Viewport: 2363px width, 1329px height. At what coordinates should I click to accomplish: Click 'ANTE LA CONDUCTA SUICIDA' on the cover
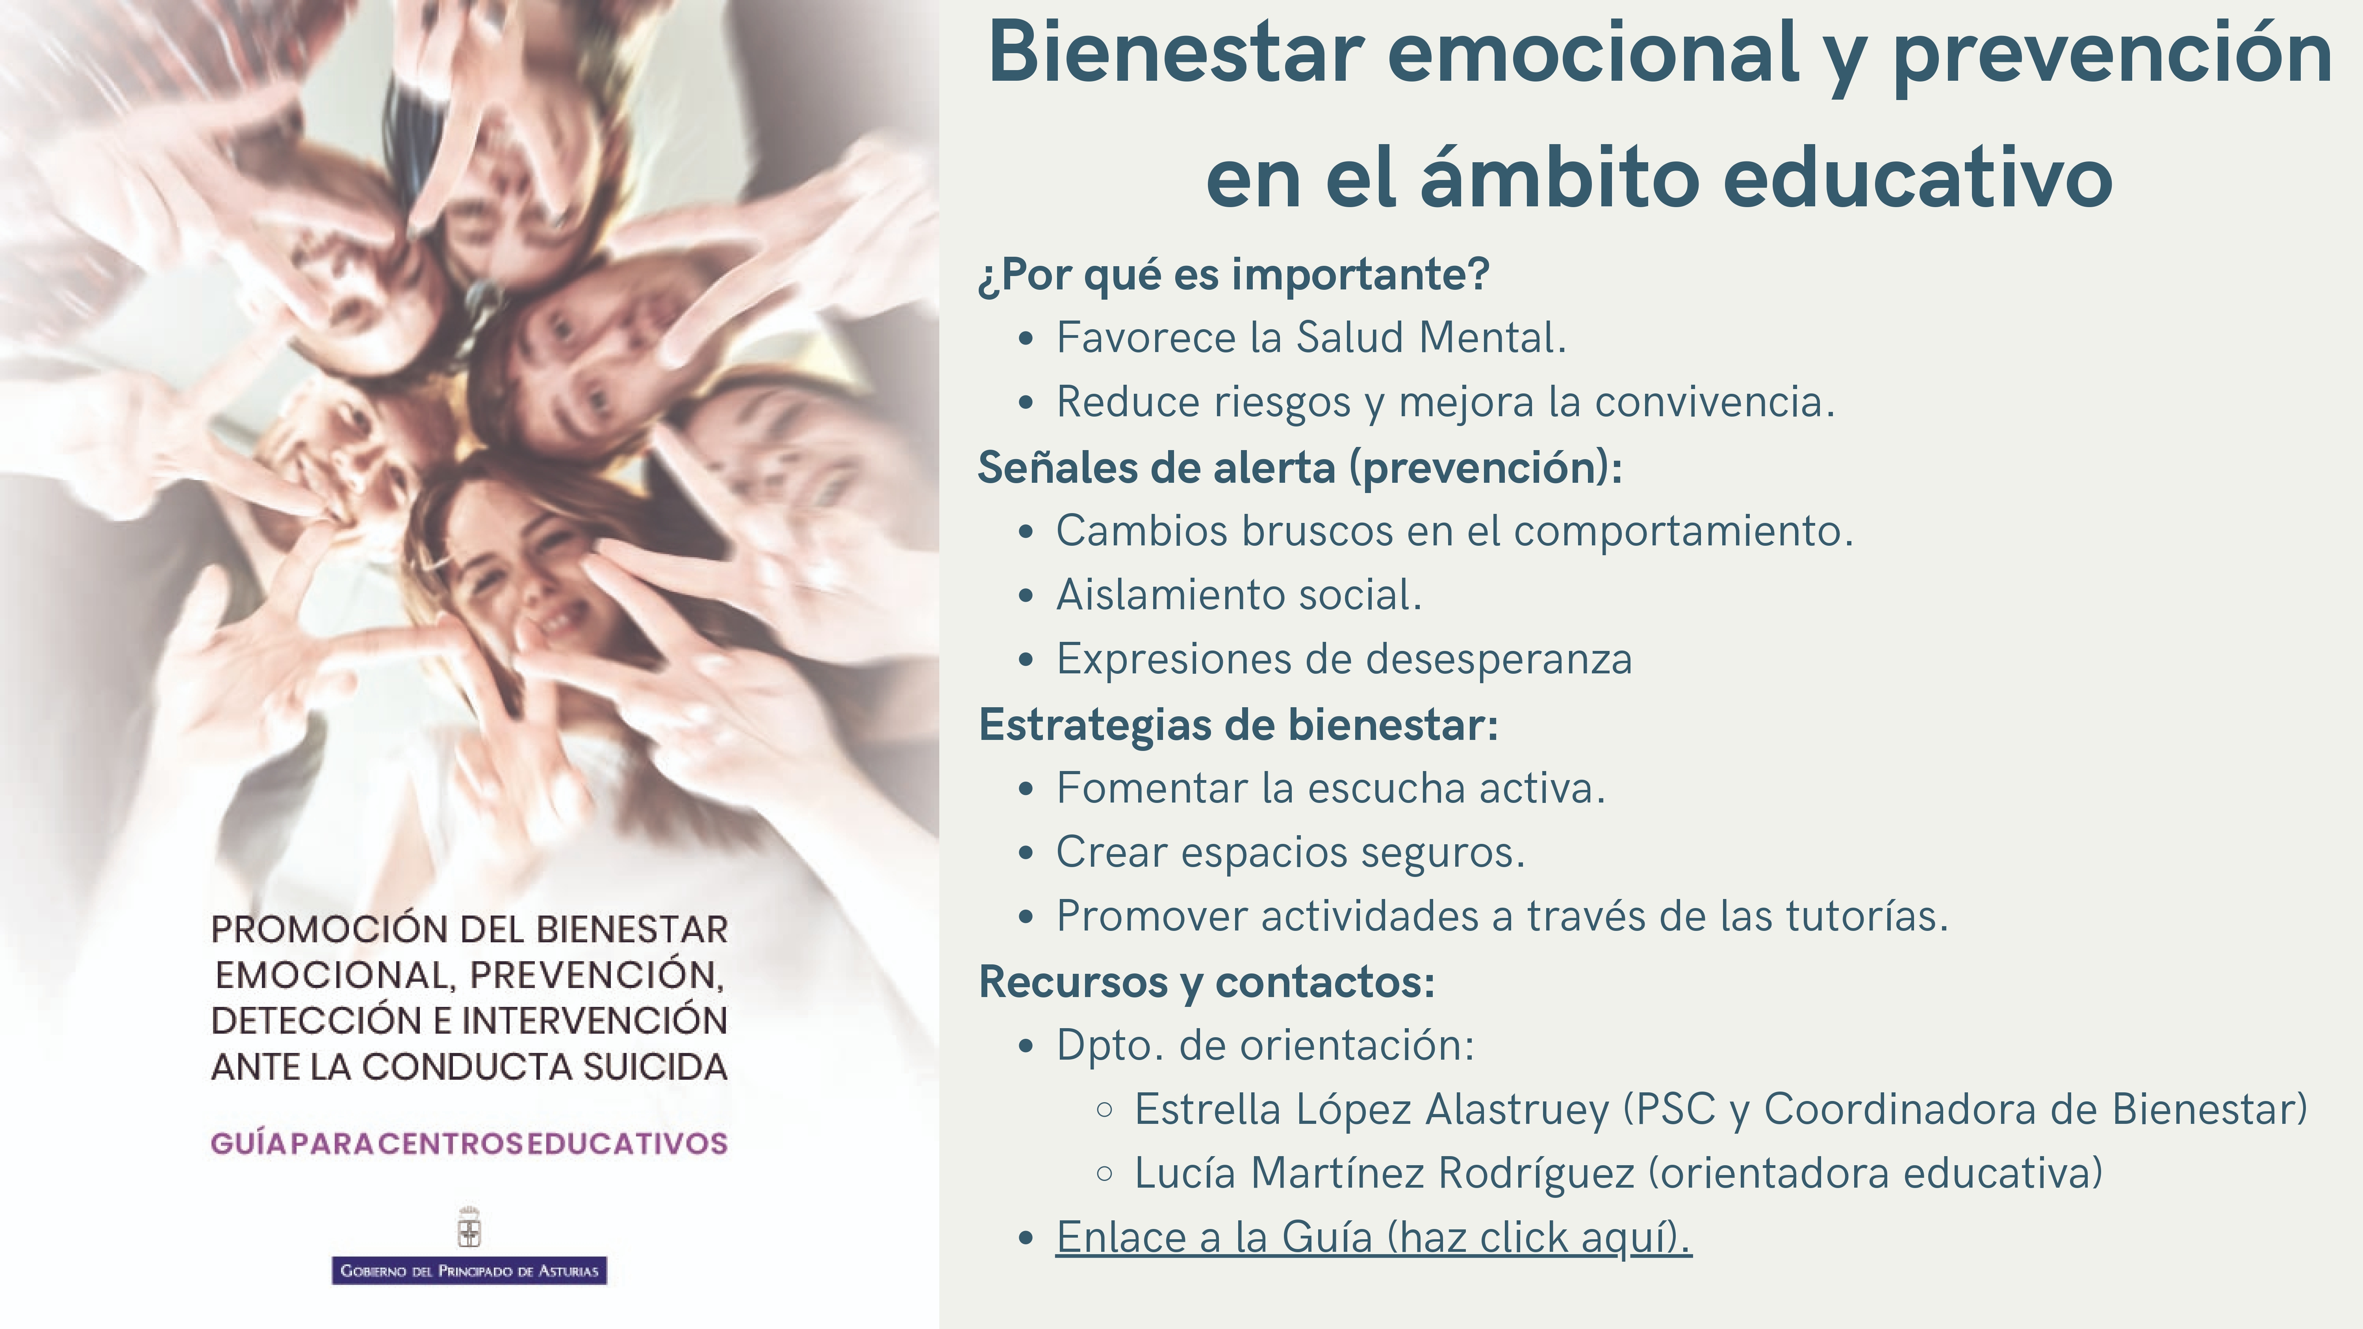(469, 1067)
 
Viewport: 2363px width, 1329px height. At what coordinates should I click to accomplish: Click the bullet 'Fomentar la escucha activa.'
(1331, 788)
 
